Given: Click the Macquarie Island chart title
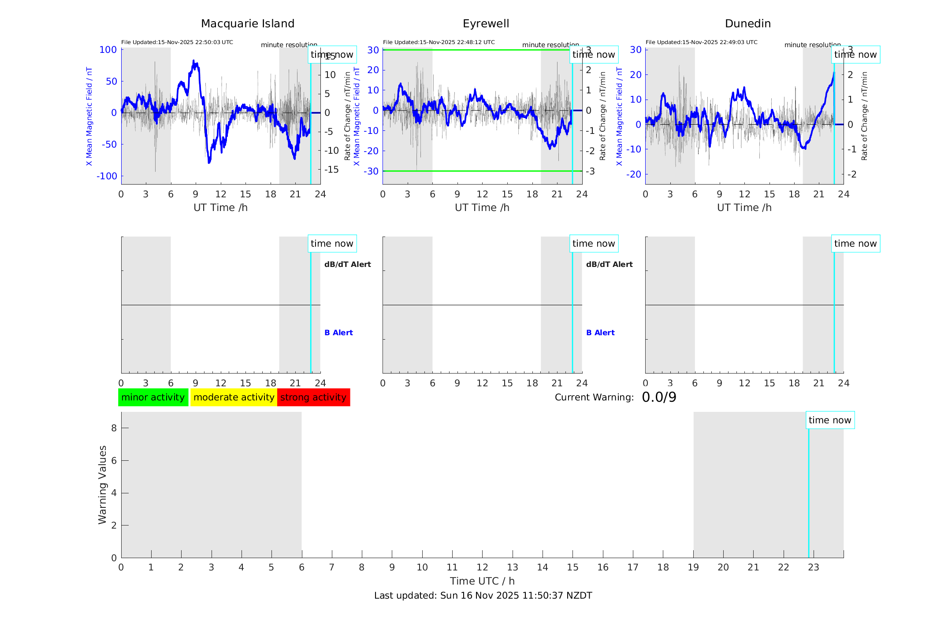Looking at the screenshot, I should click(248, 24).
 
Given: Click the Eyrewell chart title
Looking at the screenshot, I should click(486, 24).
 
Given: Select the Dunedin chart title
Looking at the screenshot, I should click(747, 24).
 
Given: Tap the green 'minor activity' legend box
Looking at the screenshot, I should click(153, 397).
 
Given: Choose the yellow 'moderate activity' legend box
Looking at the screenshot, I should click(234, 397).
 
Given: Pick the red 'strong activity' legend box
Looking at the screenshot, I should click(313, 397).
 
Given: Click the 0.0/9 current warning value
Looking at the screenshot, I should click(659, 397).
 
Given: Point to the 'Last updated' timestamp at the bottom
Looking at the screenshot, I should click(483, 596).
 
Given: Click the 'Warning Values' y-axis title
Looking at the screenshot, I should click(103, 485).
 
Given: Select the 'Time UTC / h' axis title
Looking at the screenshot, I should click(482, 581).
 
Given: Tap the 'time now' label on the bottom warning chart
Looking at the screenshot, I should click(830, 420).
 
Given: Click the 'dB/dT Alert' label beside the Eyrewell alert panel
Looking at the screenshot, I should click(609, 264).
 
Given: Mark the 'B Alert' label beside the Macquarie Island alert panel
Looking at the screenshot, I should click(338, 333).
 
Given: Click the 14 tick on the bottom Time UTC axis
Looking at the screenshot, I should click(543, 567).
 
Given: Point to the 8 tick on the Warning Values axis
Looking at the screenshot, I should click(114, 428).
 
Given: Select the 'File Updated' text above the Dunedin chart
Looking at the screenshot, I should click(701, 42).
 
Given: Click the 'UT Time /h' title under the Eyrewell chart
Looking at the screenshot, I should click(482, 207).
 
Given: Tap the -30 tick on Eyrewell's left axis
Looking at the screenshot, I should click(373, 171).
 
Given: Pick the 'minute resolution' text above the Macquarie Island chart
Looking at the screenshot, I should click(289, 45).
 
